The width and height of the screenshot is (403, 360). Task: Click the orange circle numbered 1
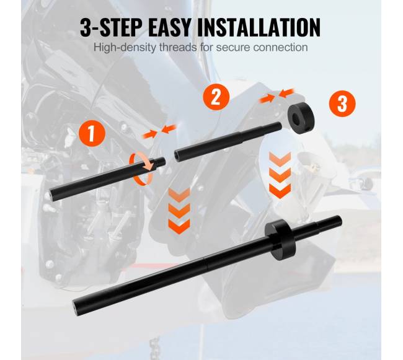click(x=92, y=133)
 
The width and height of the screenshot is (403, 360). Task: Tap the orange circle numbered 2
click(x=216, y=97)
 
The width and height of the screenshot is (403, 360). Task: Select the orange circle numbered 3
click(x=342, y=103)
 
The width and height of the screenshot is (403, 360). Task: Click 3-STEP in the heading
click(x=111, y=27)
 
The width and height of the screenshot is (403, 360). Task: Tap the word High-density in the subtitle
click(x=125, y=48)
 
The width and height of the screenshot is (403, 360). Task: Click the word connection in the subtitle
click(x=280, y=48)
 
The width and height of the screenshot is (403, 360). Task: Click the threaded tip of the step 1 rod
click(x=160, y=162)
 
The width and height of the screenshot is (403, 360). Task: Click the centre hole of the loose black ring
click(x=296, y=118)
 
